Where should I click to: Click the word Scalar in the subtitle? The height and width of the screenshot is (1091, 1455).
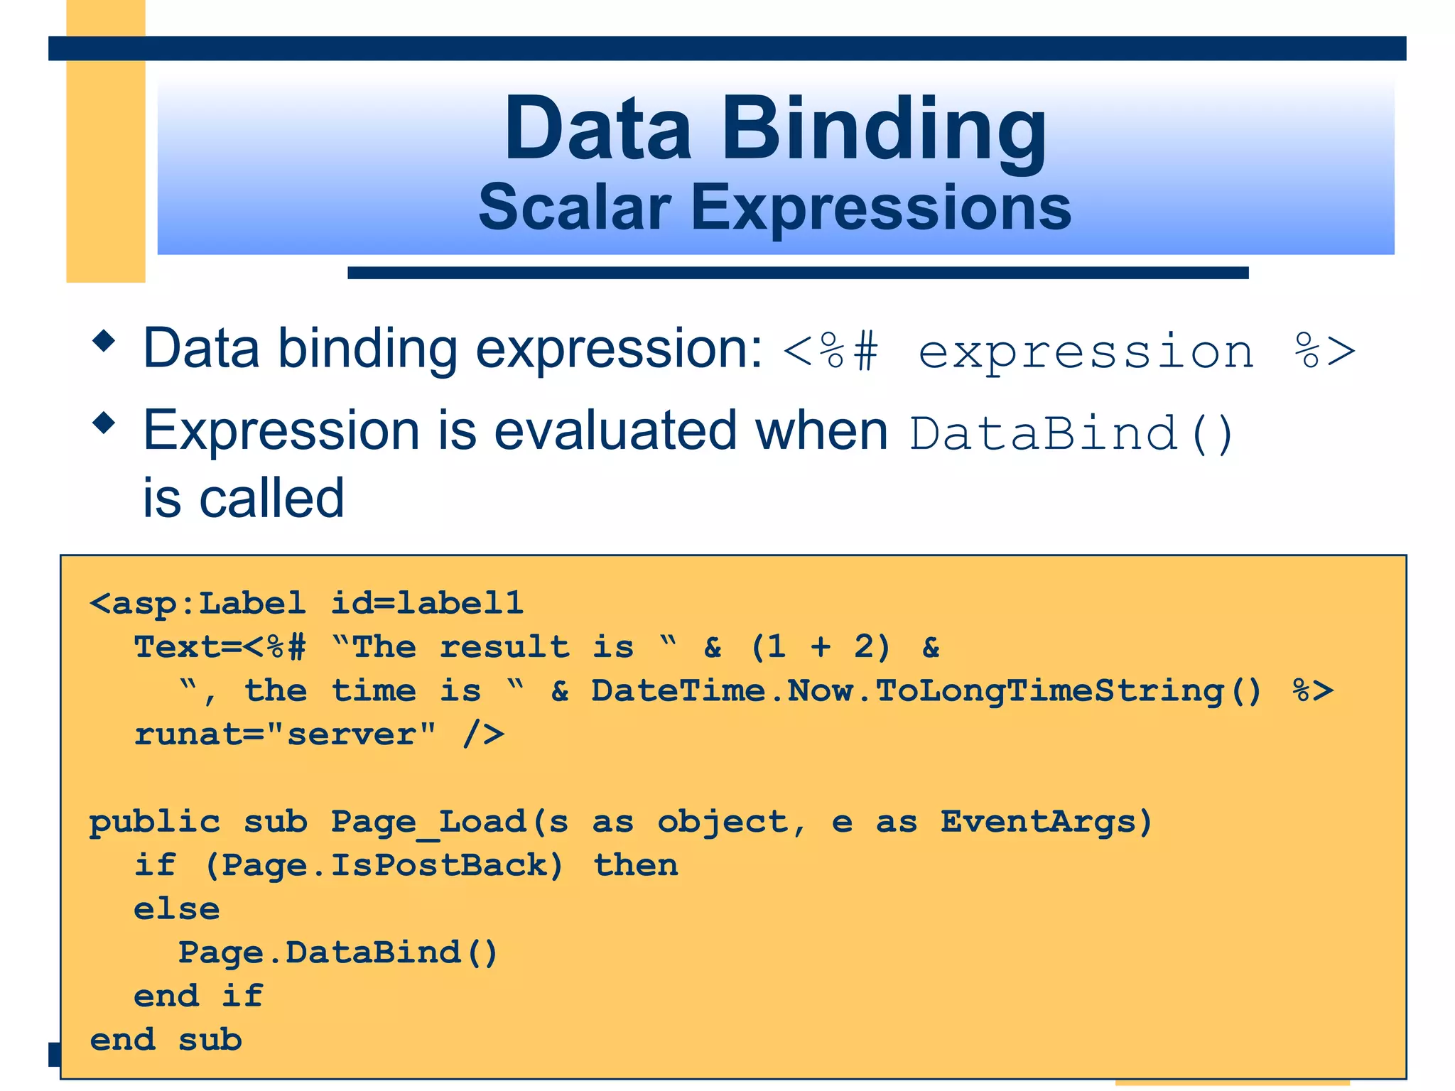(574, 207)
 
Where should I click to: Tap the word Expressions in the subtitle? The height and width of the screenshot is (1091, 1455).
(881, 207)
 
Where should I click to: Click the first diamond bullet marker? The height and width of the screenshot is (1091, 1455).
(104, 341)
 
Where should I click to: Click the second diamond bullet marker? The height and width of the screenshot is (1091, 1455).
(104, 423)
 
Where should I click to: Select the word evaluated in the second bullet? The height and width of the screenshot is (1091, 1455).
(615, 431)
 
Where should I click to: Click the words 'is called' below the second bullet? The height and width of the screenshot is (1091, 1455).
(244, 498)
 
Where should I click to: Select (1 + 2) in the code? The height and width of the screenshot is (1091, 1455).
(820, 647)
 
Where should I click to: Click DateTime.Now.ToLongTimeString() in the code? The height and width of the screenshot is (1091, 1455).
(926, 691)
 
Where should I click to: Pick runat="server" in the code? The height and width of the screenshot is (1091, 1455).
(285, 734)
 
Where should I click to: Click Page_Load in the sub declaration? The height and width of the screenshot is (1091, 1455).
(428, 823)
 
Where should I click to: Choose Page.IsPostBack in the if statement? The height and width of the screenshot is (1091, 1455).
(384, 866)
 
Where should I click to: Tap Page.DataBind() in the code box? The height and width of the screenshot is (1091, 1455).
(337, 953)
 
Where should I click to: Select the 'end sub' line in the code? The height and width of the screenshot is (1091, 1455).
(166, 1041)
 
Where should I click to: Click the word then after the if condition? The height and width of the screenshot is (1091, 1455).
(635, 866)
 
